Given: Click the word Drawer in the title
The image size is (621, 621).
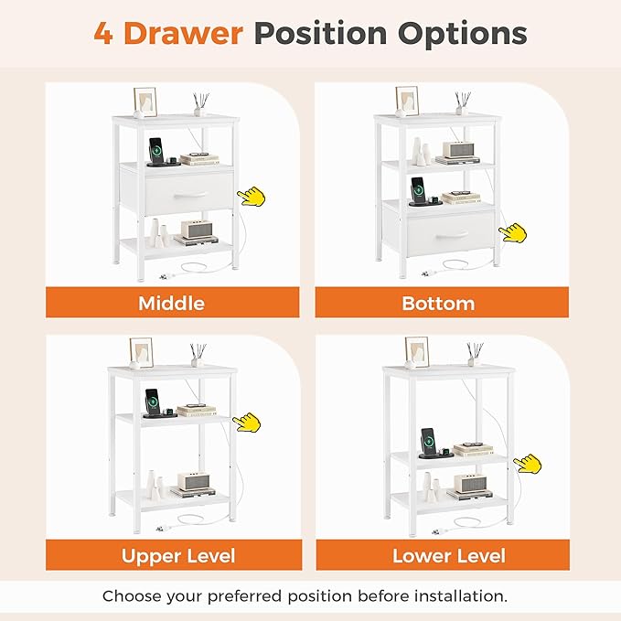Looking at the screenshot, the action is [x=183, y=33].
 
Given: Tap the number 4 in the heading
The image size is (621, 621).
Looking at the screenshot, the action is [x=103, y=33].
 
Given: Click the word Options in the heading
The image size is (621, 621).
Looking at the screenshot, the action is [x=462, y=33].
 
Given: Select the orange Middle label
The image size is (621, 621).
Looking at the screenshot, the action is [x=172, y=303].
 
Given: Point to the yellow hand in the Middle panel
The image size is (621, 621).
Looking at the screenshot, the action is [x=252, y=197].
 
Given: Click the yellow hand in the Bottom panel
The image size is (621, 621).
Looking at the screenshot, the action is [x=513, y=232].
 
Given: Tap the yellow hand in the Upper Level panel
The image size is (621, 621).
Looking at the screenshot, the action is [x=247, y=423].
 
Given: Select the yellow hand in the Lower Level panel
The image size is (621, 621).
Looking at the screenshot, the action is [x=528, y=464].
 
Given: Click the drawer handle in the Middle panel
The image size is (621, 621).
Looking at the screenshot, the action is [x=189, y=195].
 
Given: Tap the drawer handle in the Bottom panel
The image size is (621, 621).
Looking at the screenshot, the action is [x=452, y=236].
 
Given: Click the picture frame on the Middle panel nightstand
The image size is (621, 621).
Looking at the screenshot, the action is [x=145, y=102].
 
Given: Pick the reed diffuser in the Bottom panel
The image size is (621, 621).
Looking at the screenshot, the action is [x=462, y=103].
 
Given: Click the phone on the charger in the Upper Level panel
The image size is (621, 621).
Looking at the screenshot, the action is [x=152, y=402].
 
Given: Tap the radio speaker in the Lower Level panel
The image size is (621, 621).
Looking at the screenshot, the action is [x=470, y=483].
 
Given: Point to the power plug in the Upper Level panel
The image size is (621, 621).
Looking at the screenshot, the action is [x=163, y=528].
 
